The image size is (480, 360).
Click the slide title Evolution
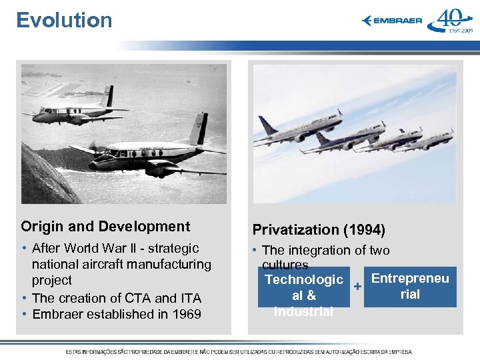tap(64, 20)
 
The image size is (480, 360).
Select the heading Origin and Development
tap(105, 227)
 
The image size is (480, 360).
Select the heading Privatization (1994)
tap(319, 230)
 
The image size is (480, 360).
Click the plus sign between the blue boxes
tap(357, 286)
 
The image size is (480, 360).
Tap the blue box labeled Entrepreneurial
tap(410, 287)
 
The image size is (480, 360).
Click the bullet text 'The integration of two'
tap(326, 251)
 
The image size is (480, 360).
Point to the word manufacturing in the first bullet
tap(171, 265)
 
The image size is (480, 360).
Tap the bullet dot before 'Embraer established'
tap(25, 314)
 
